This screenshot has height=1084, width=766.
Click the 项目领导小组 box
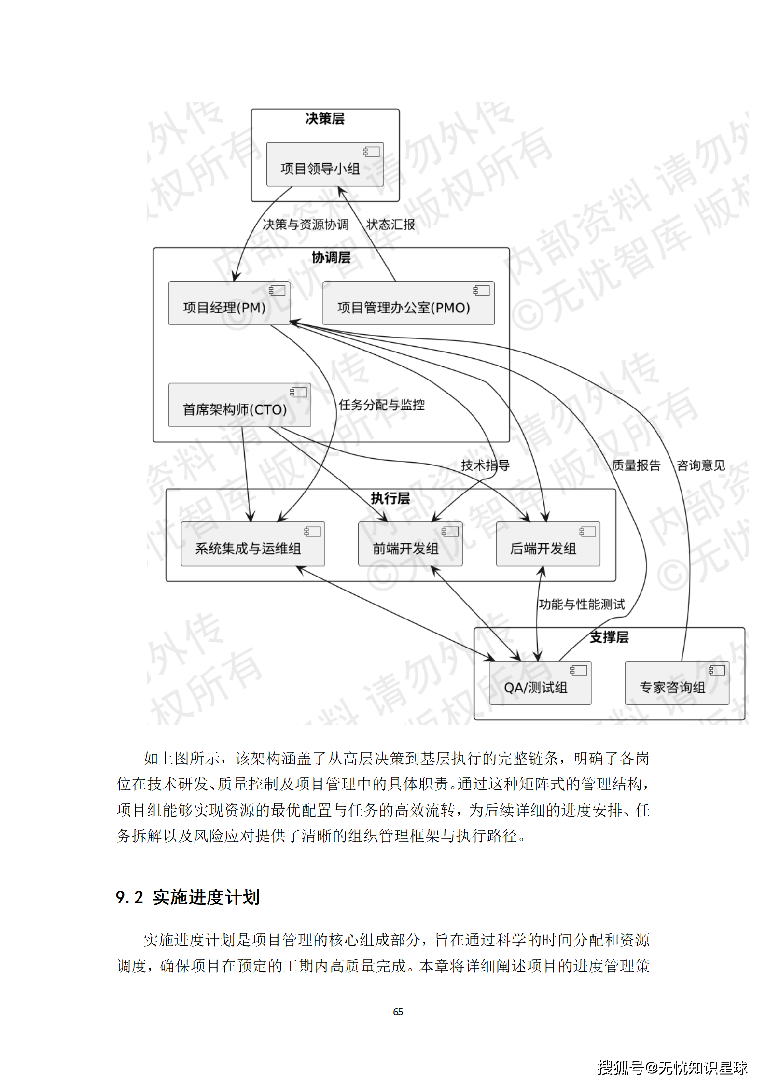click(325, 164)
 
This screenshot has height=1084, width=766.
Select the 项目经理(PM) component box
click(229, 303)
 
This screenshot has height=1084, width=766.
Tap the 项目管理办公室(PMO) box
click(408, 303)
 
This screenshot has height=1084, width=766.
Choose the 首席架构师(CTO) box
click(239, 405)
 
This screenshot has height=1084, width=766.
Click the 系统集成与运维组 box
click(252, 544)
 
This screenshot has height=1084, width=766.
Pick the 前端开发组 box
click(410, 544)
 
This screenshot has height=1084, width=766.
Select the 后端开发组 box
click(548, 544)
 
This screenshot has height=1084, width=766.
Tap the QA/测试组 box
click(540, 683)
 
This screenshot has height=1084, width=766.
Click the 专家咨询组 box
click(677, 683)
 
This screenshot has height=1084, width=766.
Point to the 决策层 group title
click(325, 119)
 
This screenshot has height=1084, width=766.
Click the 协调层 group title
click(331, 257)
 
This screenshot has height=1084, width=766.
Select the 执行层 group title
click(390, 498)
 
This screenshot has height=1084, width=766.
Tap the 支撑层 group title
click(609, 637)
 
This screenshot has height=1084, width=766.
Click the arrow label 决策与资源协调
click(306, 225)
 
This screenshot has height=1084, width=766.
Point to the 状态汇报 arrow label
click(391, 225)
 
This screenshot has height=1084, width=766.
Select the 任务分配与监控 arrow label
click(382, 405)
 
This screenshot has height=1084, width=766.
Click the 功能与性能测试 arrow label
click(582, 605)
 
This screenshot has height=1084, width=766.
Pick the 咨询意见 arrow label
click(701, 465)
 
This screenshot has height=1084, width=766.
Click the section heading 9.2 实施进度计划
click(188, 897)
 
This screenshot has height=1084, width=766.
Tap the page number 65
click(398, 1012)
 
